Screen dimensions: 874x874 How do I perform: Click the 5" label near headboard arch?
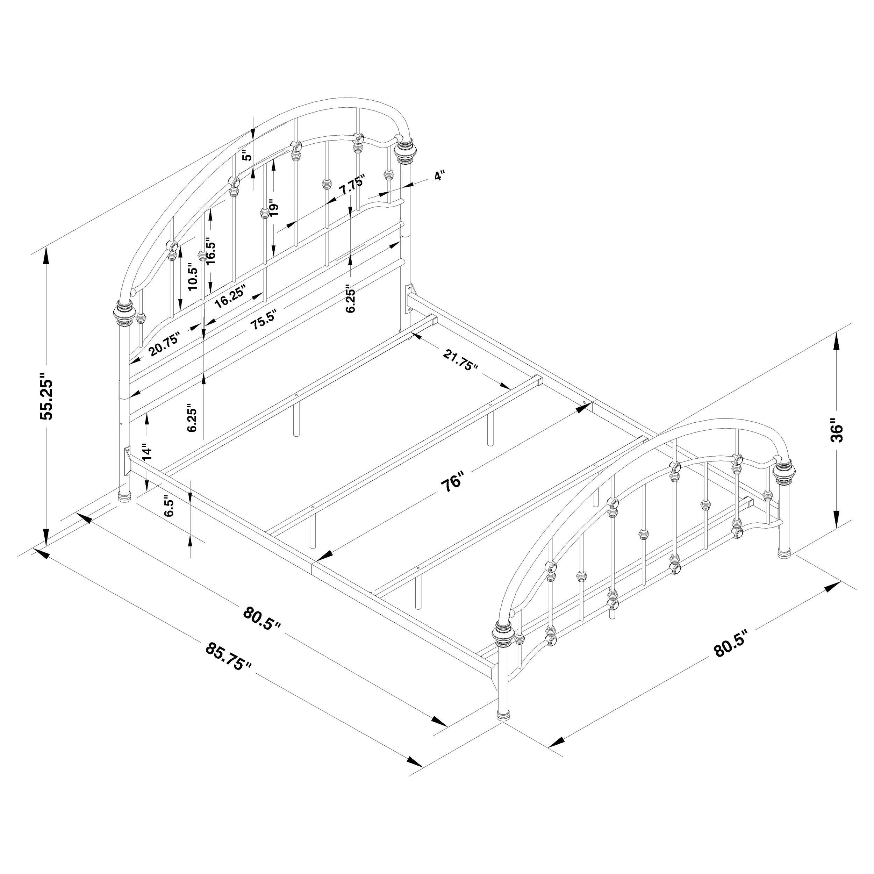point(246,156)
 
